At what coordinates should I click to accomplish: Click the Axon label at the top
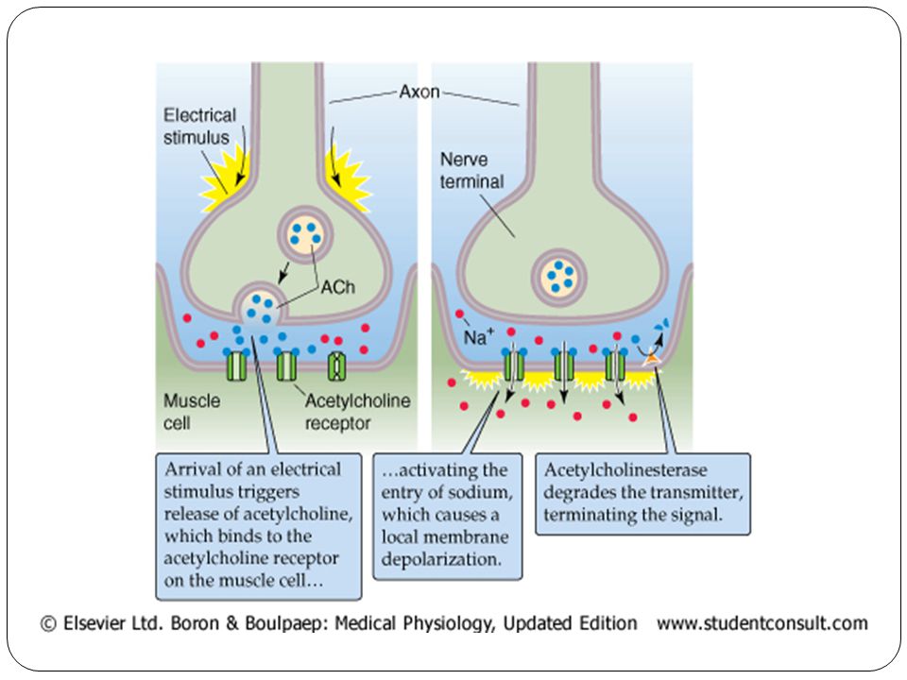coord(419,92)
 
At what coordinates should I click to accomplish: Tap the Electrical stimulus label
coord(199,126)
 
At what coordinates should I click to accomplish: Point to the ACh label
coord(338,287)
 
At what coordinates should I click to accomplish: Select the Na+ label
coord(479,336)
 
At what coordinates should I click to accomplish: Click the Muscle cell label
coord(192,412)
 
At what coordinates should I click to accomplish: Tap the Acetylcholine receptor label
coord(357,412)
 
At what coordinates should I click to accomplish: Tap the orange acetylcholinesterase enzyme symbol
coord(652,359)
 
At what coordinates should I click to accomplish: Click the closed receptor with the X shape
coord(336,365)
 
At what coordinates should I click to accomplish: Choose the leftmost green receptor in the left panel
coord(236,365)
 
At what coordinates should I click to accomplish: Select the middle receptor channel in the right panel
coord(564,365)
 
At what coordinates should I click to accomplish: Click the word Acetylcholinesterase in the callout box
coord(625,469)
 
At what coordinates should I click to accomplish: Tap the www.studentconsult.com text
coord(762,623)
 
